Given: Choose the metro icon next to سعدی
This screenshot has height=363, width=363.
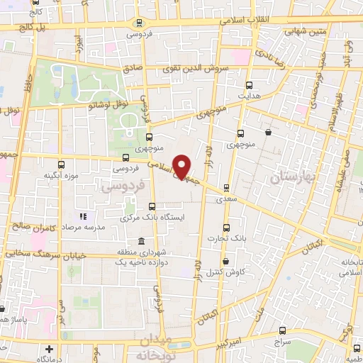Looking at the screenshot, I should [226, 188].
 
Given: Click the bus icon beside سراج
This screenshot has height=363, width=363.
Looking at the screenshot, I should [283, 330].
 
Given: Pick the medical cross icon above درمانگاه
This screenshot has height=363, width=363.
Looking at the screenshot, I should [49, 350].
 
